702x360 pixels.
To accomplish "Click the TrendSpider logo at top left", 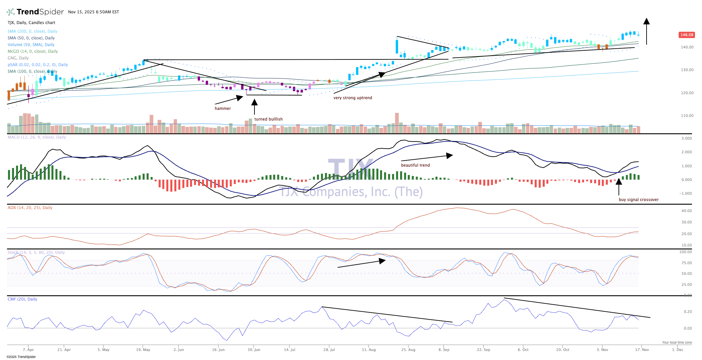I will pos(35,12).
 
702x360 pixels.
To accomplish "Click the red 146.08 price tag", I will pos(687,35).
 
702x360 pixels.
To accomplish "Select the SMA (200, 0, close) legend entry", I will pos(32,31).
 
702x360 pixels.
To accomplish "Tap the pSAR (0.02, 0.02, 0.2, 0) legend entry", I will pos(38,65).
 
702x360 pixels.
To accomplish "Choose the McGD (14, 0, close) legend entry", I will pos(33,51).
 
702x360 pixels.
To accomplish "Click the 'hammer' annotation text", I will pos(223,109).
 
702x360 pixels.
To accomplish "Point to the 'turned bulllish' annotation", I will pos(269,119).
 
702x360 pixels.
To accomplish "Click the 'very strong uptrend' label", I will pos(353,98).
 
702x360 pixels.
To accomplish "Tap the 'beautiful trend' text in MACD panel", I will pos(415,165).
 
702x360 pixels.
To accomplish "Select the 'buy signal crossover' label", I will pos(639,200).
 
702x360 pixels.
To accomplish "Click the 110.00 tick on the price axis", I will pos(687,116).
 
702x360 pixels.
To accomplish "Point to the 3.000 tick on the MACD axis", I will pos(687,138).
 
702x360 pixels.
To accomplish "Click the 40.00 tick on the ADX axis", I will pos(687,211).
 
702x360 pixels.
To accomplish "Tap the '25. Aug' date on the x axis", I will pos(408,350).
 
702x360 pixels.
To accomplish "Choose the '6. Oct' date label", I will pos(523,350).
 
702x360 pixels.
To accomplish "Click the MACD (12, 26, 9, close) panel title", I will pos(37,137).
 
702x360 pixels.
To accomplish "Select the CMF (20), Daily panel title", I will pos(22,299).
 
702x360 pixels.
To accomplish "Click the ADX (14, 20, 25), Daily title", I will pos(30,208).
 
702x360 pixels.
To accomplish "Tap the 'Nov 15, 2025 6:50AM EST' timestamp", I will pos(94,12).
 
